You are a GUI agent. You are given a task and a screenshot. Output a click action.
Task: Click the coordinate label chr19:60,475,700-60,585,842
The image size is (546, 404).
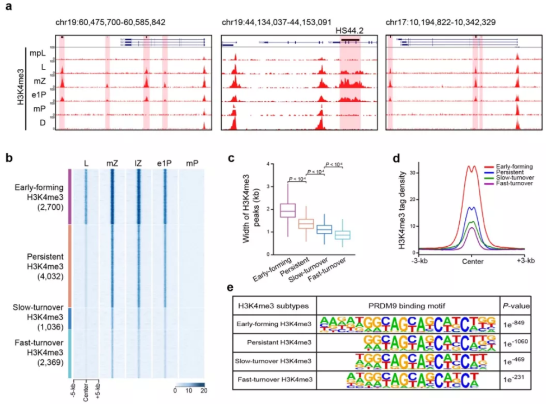tap(110, 22)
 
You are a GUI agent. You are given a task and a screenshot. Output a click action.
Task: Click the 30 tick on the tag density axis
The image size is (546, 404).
tap(413, 172)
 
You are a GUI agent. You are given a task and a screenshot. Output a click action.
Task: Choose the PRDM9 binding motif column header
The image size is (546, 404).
tap(408, 304)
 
